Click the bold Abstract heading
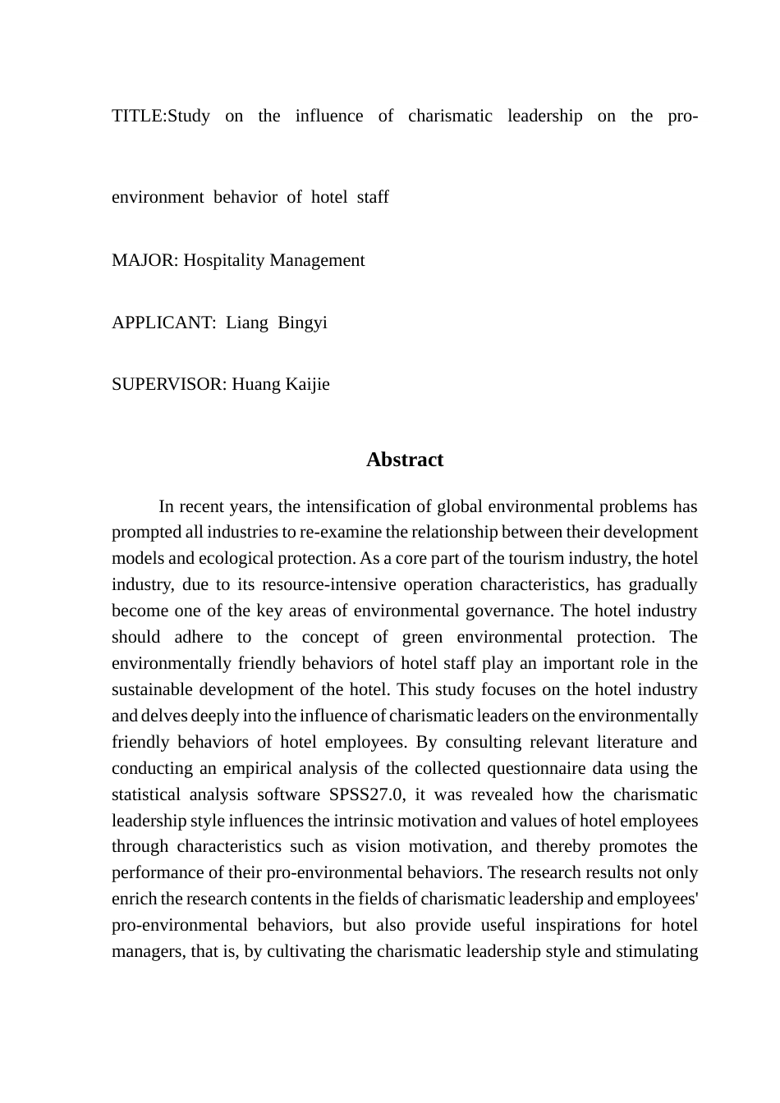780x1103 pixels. pos(405,460)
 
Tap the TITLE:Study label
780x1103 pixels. pos(161,116)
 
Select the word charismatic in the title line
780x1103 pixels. pos(450,116)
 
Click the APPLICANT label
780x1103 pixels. pos(163,323)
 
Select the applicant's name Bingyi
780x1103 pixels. pos(302,323)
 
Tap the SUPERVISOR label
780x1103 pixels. pos(168,384)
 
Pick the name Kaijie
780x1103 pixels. pos(307,384)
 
